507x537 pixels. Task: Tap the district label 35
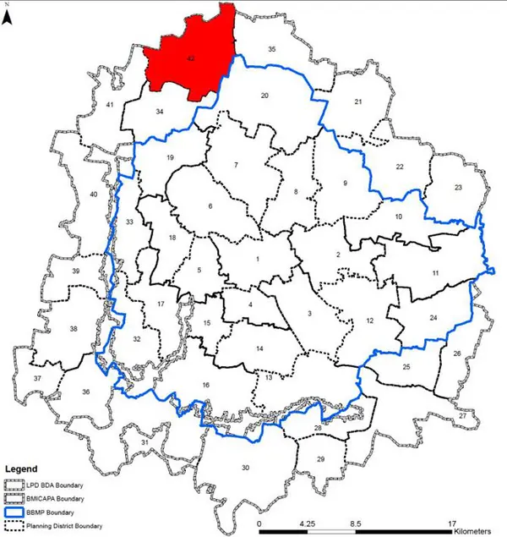(x=272, y=51)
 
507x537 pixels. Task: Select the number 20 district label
(x=264, y=96)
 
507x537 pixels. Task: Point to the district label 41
(x=110, y=104)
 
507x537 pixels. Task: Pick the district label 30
(x=246, y=469)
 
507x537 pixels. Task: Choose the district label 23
(x=458, y=187)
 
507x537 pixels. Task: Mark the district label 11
(x=435, y=273)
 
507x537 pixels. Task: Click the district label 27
(x=462, y=417)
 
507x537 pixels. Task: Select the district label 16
(x=205, y=386)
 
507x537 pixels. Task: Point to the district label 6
(x=210, y=206)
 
